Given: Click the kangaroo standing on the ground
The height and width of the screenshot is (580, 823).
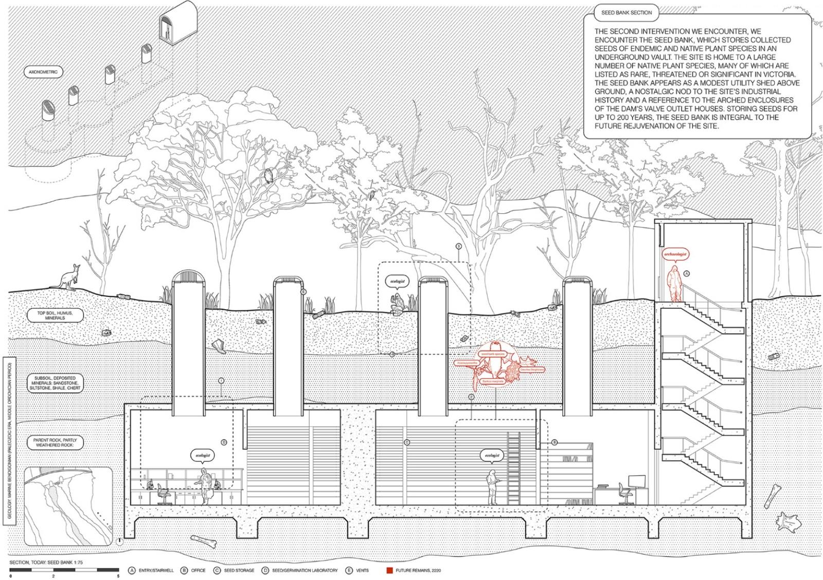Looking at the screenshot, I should (x=68, y=277).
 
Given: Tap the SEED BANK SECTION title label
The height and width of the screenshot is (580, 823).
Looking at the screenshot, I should (x=626, y=12).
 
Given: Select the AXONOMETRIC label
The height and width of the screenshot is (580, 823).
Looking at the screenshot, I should (x=43, y=72).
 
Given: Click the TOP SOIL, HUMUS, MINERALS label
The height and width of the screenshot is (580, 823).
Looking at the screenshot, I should (x=55, y=315).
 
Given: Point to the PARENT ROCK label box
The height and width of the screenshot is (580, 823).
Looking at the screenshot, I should (x=55, y=442).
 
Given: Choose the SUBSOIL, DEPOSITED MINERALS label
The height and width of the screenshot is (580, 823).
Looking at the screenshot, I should (x=55, y=383).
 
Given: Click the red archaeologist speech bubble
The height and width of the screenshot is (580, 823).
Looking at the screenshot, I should (x=675, y=254).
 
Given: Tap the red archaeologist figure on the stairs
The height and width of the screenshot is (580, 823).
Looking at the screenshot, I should (x=674, y=283).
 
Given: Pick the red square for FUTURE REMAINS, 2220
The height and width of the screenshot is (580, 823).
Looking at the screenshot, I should (x=389, y=570).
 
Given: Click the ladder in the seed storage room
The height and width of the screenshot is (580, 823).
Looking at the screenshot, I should (x=514, y=467).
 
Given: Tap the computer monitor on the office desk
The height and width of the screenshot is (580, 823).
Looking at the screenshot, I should (x=637, y=481).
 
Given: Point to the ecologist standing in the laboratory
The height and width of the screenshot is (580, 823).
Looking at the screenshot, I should (x=205, y=486).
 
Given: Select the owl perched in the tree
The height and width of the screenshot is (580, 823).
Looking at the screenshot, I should (x=268, y=176).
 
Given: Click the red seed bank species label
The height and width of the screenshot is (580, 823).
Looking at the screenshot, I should (x=492, y=354).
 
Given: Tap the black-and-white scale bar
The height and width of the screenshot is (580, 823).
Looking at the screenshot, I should (x=64, y=570).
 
